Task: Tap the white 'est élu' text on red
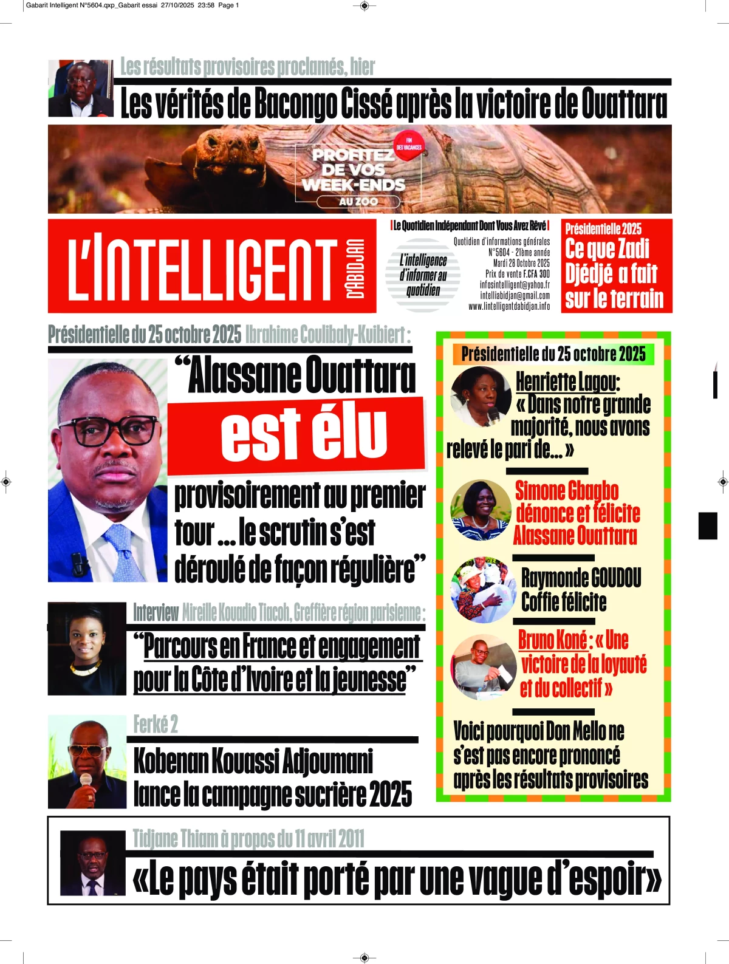pos(304,433)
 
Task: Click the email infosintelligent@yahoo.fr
pos(515,285)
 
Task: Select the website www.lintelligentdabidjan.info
pos(508,307)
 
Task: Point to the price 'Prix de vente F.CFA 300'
pos(517,274)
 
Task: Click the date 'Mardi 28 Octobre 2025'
pos(521,263)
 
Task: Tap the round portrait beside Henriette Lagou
pos(481,397)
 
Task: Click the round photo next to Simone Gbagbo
pos(481,510)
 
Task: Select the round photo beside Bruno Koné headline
pos(483,666)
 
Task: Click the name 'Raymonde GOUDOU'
pos(581,578)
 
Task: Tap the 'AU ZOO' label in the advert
pos(358,202)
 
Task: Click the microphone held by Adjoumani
pos(86,780)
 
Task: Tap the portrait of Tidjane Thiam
pos(92,863)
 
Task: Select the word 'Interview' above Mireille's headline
pos(156,614)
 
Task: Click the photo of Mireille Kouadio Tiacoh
pos(86,648)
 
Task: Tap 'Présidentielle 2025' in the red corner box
pos(603,229)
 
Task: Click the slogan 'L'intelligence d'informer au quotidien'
pos(423,275)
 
